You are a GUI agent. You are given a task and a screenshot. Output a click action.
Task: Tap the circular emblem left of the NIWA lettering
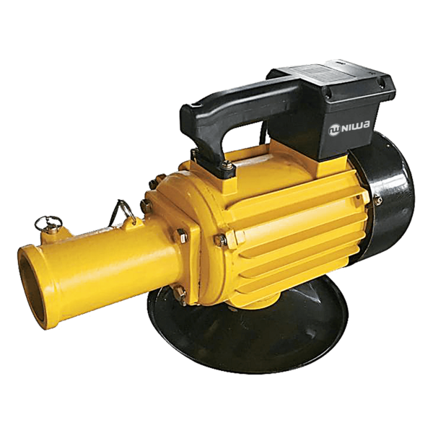pyautogui.click(x=333, y=131)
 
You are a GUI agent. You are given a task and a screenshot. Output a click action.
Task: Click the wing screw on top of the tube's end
pyautogui.click(x=48, y=223)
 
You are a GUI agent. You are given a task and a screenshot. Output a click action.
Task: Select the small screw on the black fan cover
pyautogui.click(x=377, y=200)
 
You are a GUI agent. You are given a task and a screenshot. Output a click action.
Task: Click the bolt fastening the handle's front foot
pyautogui.click(x=227, y=166)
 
